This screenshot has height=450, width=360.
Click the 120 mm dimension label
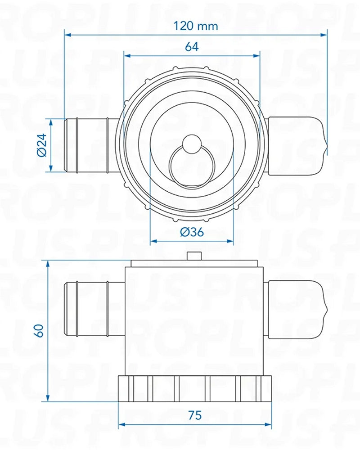196,26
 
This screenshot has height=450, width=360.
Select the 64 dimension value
191,47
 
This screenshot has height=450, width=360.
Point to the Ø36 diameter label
192,232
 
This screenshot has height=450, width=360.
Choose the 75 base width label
194,415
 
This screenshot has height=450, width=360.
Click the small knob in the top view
191,144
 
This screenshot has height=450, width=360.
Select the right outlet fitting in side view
295,310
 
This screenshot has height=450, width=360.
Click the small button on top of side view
193,256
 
